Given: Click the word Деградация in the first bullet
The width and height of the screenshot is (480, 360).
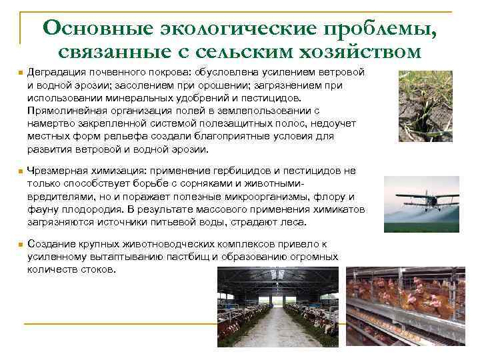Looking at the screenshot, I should coord(57,73).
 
